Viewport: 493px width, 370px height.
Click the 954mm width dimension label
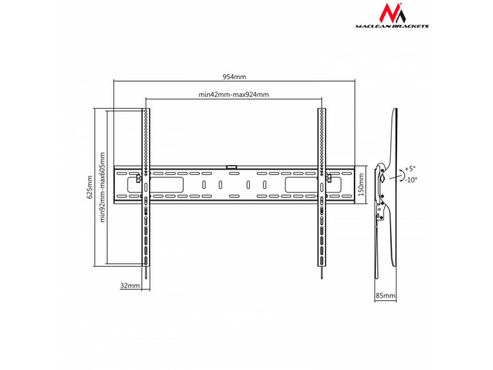(x=234, y=76)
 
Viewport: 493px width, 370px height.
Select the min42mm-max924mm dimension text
(x=234, y=95)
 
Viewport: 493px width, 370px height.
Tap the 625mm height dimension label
(x=89, y=187)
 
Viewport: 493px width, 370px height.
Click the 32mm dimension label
(x=128, y=286)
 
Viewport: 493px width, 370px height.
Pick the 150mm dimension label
(x=362, y=183)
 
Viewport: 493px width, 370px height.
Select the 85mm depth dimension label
(x=385, y=296)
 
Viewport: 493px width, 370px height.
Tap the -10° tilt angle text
(x=410, y=179)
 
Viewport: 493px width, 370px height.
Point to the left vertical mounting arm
(x=146, y=185)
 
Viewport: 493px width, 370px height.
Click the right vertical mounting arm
(x=322, y=185)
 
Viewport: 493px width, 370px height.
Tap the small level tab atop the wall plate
(x=233, y=165)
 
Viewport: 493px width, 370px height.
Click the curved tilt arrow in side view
(x=402, y=173)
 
